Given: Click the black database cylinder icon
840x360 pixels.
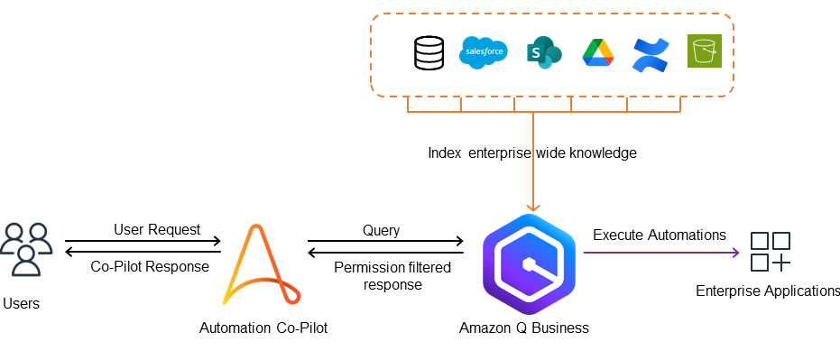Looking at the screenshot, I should (x=429, y=52).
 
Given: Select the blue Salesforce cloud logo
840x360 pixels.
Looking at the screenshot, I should (x=484, y=52).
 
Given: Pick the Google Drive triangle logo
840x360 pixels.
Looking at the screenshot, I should (x=597, y=53).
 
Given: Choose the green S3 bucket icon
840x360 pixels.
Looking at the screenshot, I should (x=704, y=51).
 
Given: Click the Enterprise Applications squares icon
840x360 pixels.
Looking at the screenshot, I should (x=771, y=252).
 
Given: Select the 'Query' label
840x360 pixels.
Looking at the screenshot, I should (x=381, y=230).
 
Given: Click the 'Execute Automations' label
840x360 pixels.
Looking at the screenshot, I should (x=659, y=235).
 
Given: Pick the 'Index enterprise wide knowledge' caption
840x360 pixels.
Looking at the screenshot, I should (x=532, y=152).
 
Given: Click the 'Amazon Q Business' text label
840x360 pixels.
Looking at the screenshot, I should (x=523, y=328).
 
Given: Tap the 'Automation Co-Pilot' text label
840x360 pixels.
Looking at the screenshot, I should (x=263, y=328).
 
